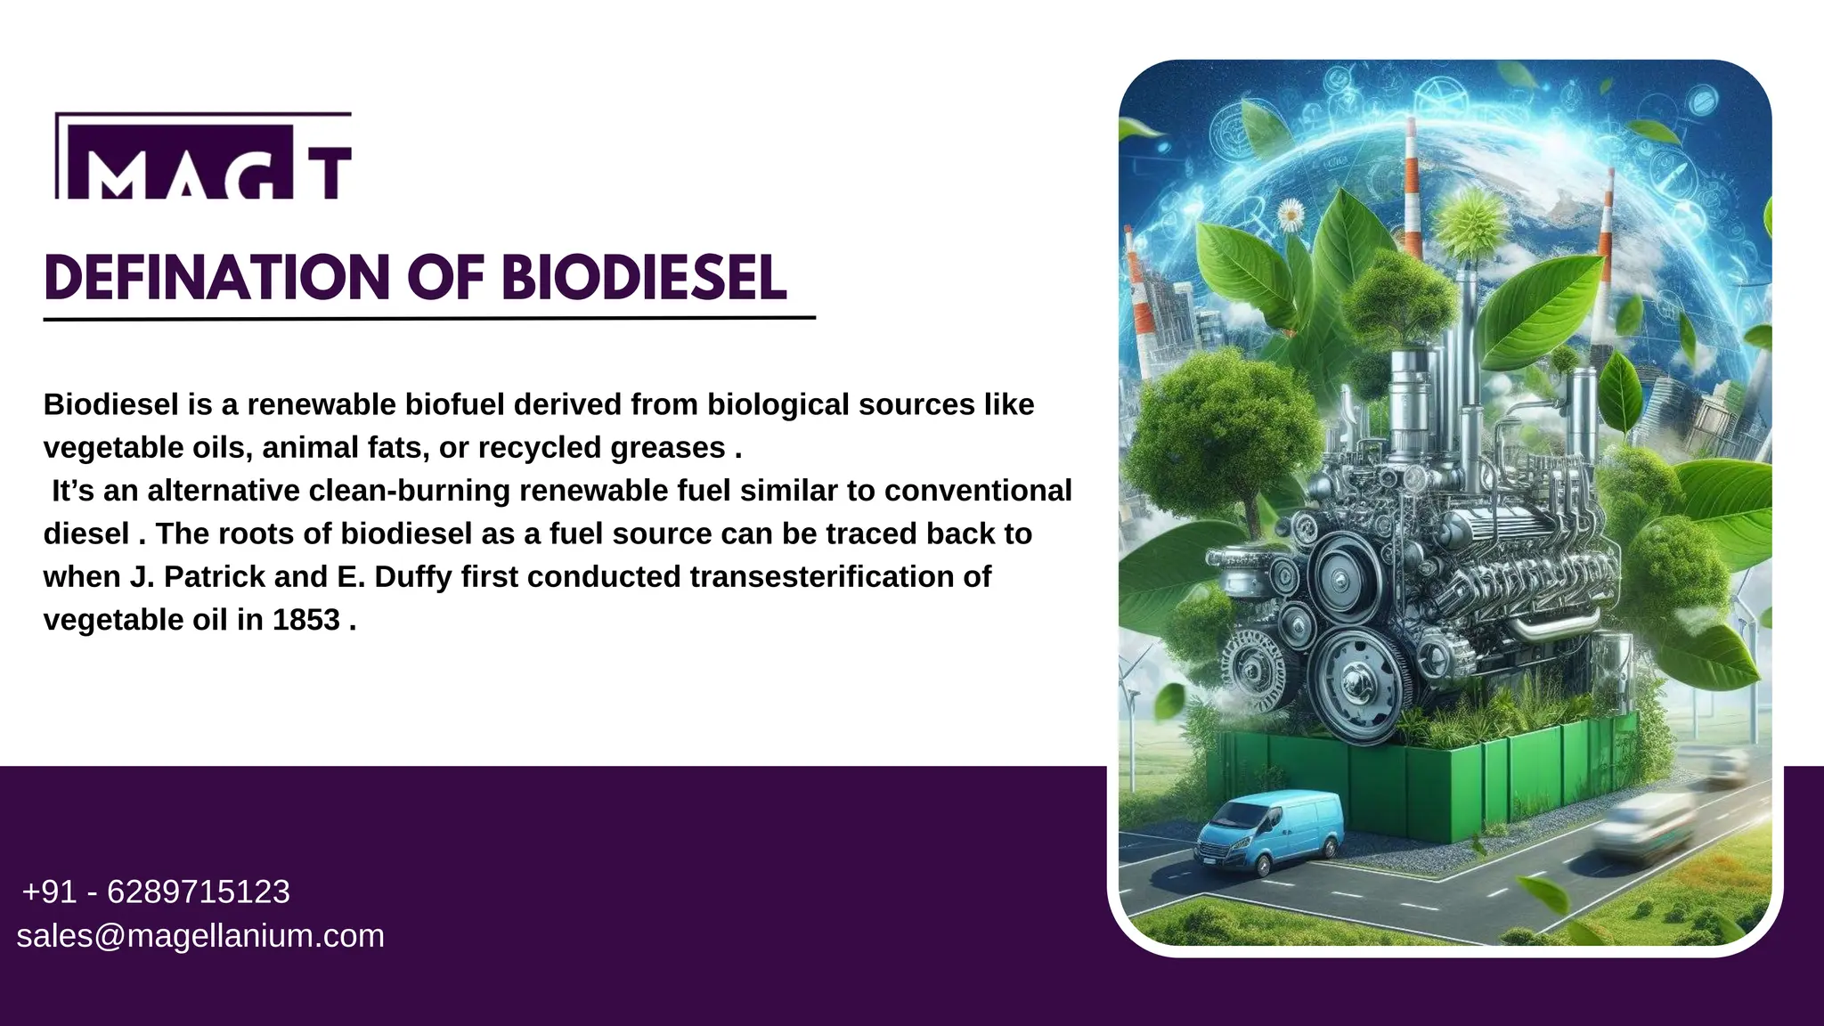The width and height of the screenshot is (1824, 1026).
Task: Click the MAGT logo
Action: point(203,157)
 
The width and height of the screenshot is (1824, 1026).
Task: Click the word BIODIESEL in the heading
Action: point(643,278)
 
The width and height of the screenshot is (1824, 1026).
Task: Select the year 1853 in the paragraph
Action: point(305,620)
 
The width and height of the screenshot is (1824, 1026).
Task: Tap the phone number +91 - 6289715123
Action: point(156,892)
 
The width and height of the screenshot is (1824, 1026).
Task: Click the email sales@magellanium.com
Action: point(200,936)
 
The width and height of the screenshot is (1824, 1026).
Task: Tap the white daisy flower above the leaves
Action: point(1291,215)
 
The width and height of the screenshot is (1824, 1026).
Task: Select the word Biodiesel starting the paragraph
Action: point(110,404)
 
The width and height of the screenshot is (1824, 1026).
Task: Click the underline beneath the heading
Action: point(429,317)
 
